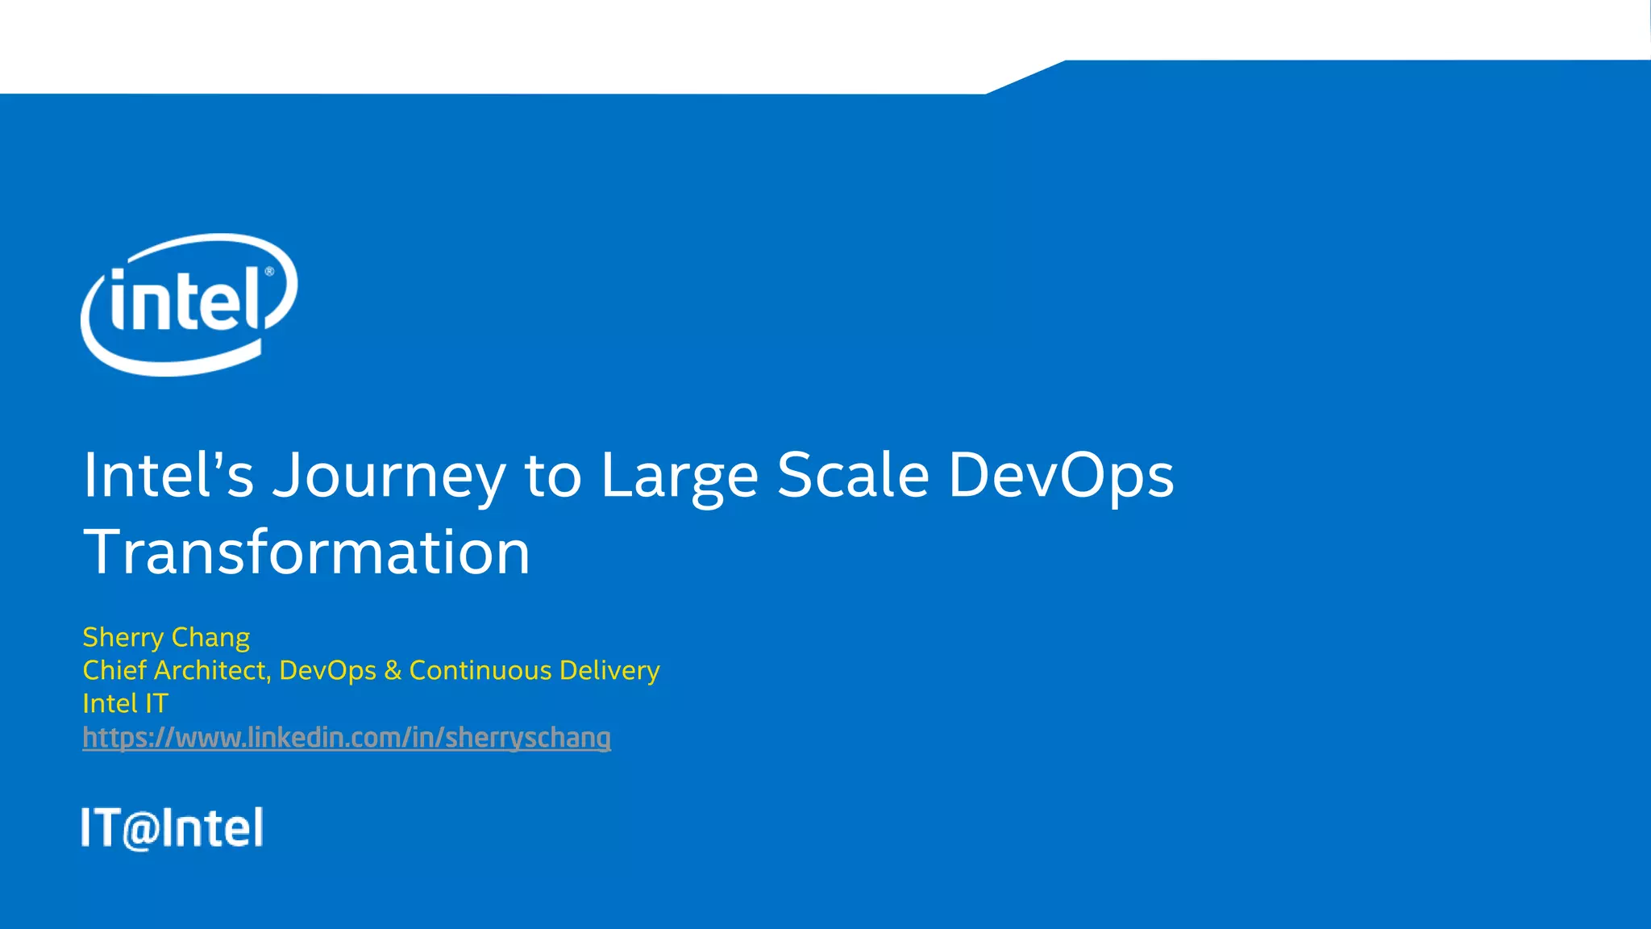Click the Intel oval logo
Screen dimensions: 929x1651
coord(189,304)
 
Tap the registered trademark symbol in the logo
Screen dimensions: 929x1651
coord(269,272)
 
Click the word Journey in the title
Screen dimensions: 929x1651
coord(389,476)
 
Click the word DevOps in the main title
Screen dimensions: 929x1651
coord(1061,476)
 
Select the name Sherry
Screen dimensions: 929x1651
coord(123,638)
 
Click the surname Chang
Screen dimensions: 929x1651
coord(210,638)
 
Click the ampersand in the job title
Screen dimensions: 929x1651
coord(393,671)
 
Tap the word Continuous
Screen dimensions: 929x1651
coord(480,670)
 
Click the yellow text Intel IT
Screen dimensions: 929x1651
coord(125,704)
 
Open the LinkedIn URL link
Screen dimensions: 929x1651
coord(347,738)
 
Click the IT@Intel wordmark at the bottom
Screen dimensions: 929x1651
coord(172,827)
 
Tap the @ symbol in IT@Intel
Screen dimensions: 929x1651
coord(141,830)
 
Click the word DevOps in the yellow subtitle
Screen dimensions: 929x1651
coord(327,671)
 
